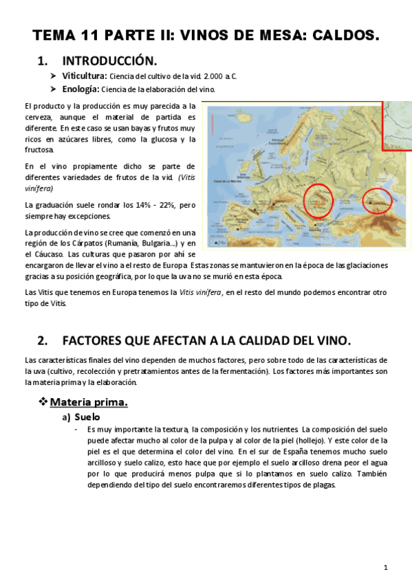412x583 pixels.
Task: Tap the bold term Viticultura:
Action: coord(85,76)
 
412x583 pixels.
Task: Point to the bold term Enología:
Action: coord(81,89)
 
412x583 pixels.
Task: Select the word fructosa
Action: coord(39,149)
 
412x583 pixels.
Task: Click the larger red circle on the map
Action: coord(318,199)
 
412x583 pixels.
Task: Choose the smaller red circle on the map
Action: coord(377,200)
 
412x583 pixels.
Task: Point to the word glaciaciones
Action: coord(359,265)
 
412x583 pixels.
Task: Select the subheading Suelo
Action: coord(87,417)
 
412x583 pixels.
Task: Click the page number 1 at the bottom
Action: coord(387,567)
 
